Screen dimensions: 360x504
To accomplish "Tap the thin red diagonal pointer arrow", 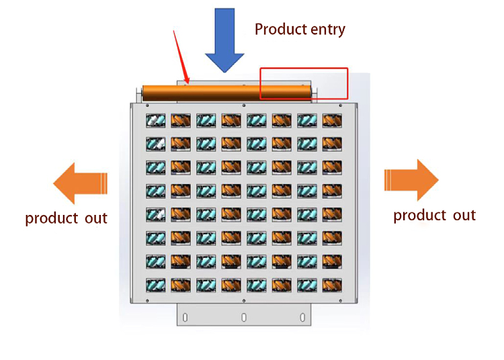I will [181, 57].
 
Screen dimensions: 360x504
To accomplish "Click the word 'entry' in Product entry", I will [324, 30].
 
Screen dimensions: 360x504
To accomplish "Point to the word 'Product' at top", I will [280, 30].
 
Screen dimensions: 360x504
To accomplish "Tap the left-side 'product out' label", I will [66, 218].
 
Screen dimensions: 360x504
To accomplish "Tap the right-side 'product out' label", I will [434, 216].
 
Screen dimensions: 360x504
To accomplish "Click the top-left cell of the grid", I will [156, 121].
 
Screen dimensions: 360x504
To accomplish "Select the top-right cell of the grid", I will [332, 121].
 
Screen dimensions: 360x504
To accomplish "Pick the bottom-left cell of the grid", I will [156, 285].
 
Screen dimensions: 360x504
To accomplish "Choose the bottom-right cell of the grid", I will [332, 285].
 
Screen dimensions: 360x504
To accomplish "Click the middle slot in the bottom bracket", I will [244, 316].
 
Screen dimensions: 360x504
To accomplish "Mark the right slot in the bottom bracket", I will [302, 316].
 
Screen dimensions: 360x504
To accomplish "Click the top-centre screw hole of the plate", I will [243, 105].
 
